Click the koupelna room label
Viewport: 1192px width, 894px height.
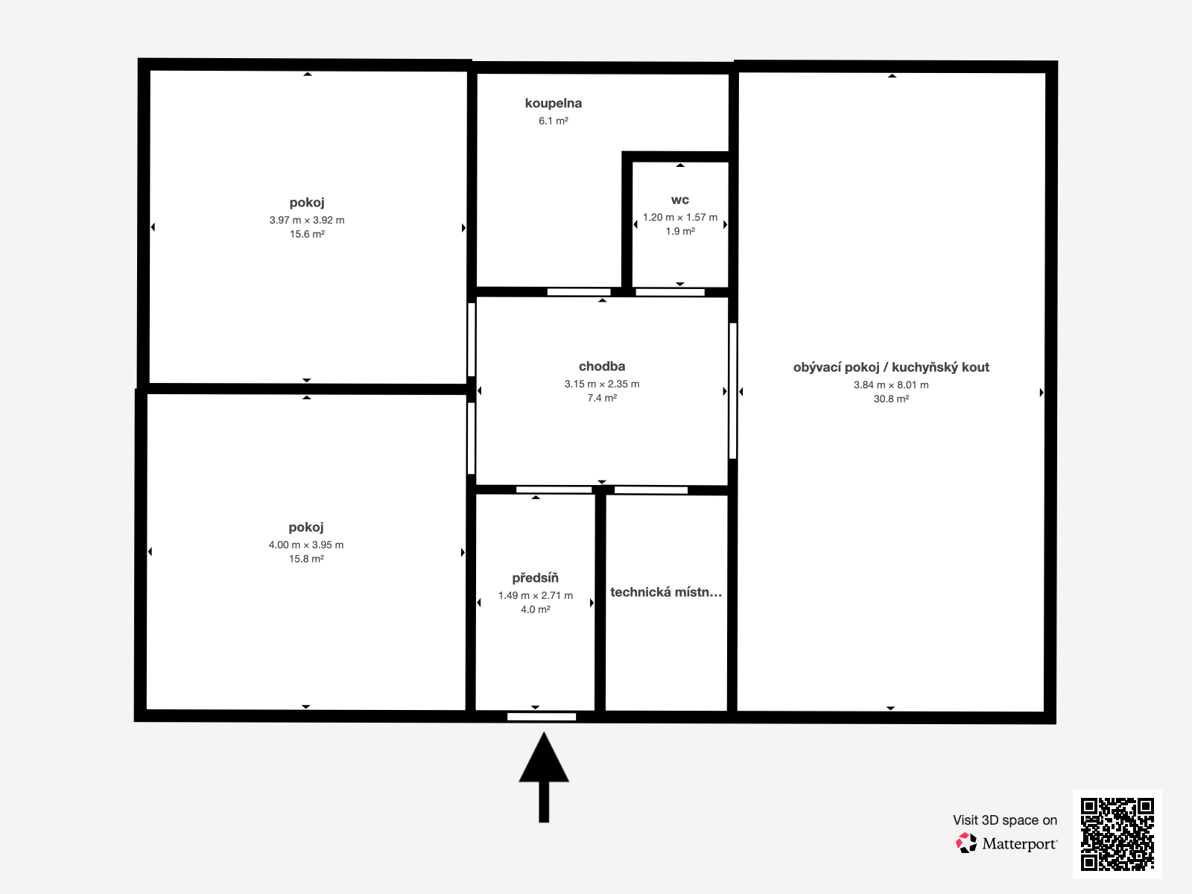553,103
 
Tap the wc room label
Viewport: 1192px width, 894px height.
680,200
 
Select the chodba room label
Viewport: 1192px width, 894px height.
602,367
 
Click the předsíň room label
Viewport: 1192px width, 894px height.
535,578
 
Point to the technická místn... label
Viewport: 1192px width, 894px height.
666,592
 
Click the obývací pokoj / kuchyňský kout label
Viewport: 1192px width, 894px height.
891,367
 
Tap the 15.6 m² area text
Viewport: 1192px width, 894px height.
307,234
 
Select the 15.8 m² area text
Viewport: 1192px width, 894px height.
306,559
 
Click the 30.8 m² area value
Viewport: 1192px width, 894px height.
891,399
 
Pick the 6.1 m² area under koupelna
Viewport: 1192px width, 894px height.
554,121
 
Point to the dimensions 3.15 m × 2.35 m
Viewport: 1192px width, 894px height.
602,384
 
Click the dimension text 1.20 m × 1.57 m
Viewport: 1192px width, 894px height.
680,217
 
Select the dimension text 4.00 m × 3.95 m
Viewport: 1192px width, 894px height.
306,545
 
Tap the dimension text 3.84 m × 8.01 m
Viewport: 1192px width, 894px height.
891,385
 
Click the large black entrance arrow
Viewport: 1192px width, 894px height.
544,777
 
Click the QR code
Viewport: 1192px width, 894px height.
1117,834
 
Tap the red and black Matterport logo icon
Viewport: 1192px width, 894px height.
966,843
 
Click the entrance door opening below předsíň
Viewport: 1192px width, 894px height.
542,717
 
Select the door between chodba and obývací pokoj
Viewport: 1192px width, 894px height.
732,391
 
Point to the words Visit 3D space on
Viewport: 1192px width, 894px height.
1005,820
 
